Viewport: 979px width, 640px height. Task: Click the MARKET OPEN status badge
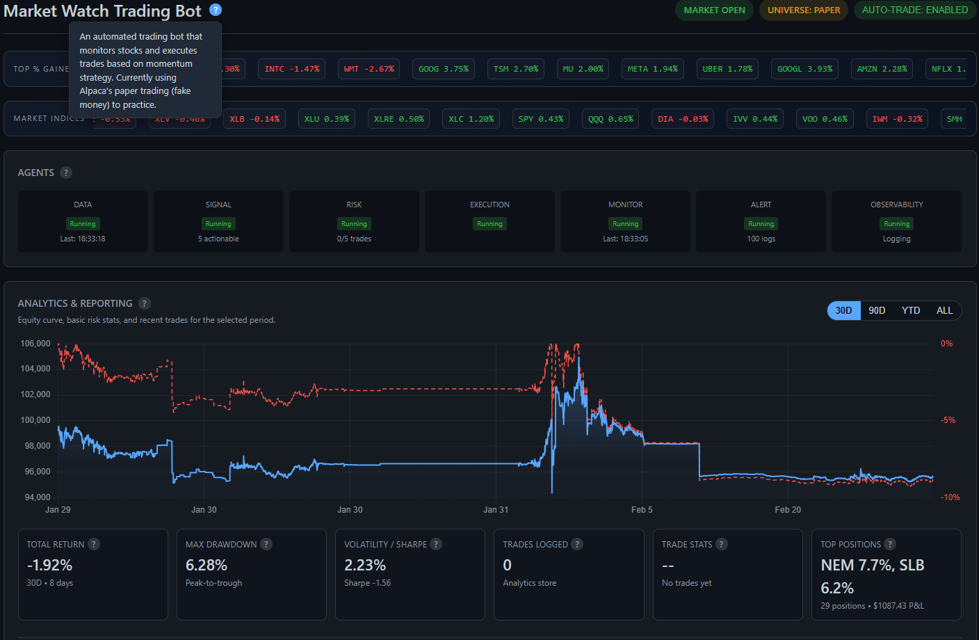click(714, 10)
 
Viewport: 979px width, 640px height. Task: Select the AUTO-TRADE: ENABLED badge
click(914, 10)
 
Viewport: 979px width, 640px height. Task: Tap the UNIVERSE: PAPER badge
click(804, 10)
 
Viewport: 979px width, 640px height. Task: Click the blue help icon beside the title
click(216, 10)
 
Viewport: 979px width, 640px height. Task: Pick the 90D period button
click(877, 310)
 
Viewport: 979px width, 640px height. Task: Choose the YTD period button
click(911, 310)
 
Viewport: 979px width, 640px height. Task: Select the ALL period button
click(944, 310)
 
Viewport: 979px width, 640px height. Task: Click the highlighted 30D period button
click(843, 310)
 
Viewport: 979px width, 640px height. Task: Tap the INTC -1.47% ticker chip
click(292, 69)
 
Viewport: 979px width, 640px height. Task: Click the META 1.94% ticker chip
click(652, 69)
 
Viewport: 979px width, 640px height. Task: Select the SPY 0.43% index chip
click(541, 119)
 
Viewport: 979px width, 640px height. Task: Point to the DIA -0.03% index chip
click(683, 119)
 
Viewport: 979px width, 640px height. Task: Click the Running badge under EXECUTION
click(489, 224)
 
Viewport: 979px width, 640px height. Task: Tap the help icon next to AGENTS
click(66, 173)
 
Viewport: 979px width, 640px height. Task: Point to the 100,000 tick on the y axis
click(35, 420)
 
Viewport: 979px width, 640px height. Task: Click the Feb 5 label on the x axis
click(642, 510)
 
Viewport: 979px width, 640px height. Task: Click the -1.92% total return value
click(49, 565)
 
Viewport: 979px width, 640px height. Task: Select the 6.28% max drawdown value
click(207, 565)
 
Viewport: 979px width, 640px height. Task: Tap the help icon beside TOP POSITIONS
click(890, 544)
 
